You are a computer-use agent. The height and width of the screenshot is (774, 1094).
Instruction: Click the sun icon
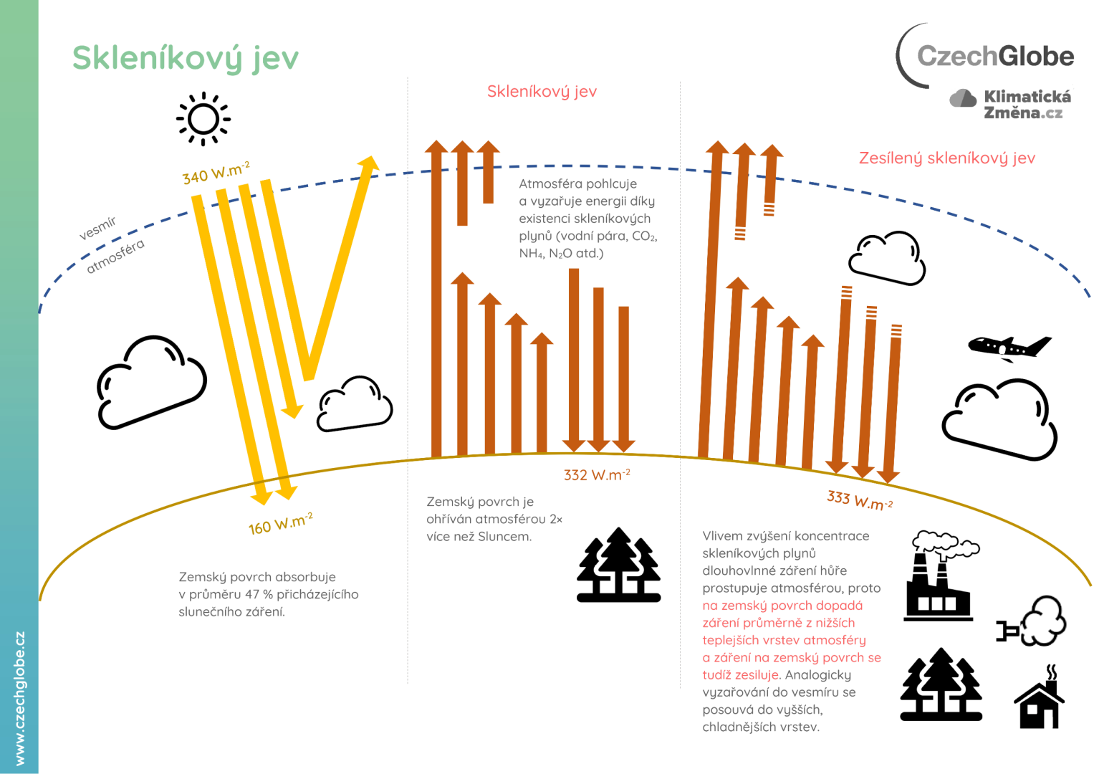point(203,119)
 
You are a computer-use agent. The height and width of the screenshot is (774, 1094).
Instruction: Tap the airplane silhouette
point(1009,348)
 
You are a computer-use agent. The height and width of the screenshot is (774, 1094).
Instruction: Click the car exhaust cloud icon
point(1034,623)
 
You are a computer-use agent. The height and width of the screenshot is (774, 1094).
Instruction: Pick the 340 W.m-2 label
point(216,173)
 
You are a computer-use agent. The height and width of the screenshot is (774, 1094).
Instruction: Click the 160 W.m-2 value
point(280,523)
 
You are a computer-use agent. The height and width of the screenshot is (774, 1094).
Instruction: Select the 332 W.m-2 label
point(597,474)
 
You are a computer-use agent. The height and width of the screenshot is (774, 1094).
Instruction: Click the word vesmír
point(97,228)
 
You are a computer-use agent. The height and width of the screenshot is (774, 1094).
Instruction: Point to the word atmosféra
point(115,257)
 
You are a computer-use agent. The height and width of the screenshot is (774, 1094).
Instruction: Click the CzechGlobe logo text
point(995,56)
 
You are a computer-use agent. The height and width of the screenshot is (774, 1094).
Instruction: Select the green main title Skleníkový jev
point(186,58)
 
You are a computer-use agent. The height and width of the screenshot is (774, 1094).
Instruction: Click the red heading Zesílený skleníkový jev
point(946,158)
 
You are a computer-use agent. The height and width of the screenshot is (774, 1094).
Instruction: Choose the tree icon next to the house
point(941,684)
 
